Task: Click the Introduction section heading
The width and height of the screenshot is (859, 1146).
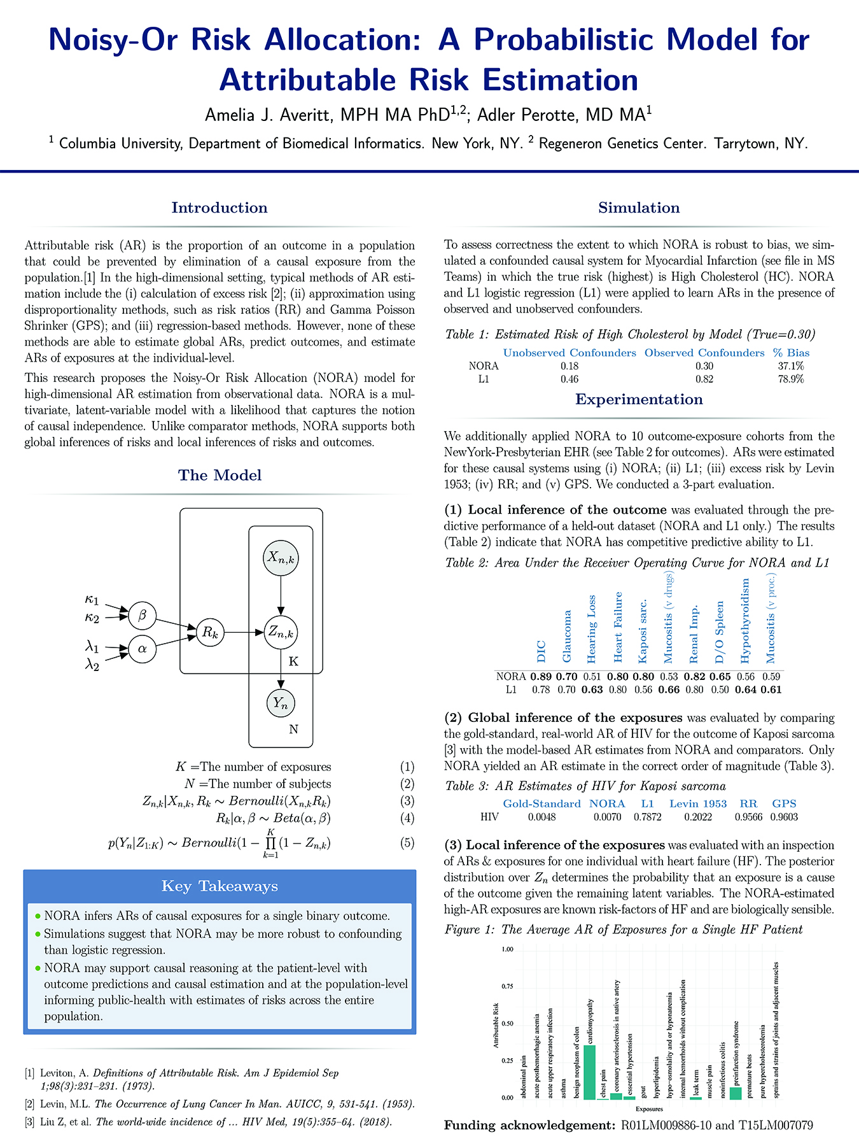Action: [x=220, y=208]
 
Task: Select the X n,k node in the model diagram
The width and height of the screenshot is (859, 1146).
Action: [x=281, y=558]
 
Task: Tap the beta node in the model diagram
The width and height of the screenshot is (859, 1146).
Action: [x=143, y=615]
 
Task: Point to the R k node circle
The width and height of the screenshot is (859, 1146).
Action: [x=210, y=633]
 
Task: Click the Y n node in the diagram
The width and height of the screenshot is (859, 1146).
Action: [x=281, y=704]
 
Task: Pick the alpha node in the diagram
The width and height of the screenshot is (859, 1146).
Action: [x=143, y=649]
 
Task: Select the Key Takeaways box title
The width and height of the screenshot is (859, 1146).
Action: [x=220, y=886]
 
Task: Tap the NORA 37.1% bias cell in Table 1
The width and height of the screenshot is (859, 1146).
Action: [x=791, y=366]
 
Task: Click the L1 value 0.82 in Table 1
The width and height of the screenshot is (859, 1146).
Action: [x=704, y=379]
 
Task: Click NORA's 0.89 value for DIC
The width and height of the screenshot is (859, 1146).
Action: [x=541, y=677]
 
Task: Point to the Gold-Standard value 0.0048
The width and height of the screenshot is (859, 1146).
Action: [x=541, y=817]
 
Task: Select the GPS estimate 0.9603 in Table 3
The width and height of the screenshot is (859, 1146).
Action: [x=784, y=817]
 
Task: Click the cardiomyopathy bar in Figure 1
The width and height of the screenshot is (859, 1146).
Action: [x=589, y=1072]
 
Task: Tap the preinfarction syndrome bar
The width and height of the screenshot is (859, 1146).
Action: [x=736, y=1093]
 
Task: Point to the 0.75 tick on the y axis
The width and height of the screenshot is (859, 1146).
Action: [x=507, y=986]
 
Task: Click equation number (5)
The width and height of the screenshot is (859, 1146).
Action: [x=407, y=843]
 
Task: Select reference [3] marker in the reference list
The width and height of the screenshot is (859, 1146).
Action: [x=29, y=1122]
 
